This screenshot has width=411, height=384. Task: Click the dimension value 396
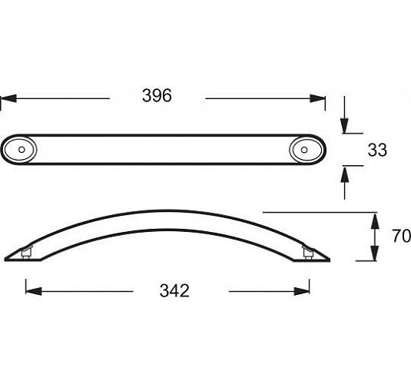(157, 96)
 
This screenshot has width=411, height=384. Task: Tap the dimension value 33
(377, 150)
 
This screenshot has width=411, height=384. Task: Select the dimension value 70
(401, 236)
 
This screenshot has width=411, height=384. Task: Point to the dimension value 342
(174, 290)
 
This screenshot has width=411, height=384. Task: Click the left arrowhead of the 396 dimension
(8, 98)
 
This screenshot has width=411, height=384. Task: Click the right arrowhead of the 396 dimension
(317, 98)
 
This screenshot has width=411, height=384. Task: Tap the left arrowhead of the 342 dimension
(34, 291)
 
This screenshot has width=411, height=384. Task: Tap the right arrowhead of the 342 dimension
(301, 291)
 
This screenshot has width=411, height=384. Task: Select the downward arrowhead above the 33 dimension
(344, 126)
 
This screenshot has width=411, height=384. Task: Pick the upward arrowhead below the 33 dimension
(344, 174)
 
